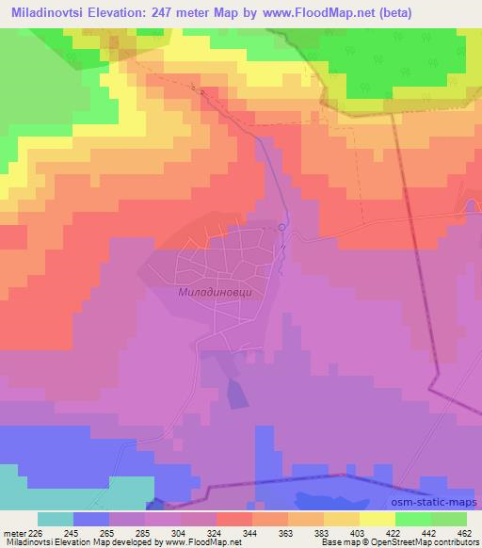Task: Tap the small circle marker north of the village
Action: point(281,227)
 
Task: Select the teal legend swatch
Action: point(55,519)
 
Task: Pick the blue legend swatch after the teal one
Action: point(90,519)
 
